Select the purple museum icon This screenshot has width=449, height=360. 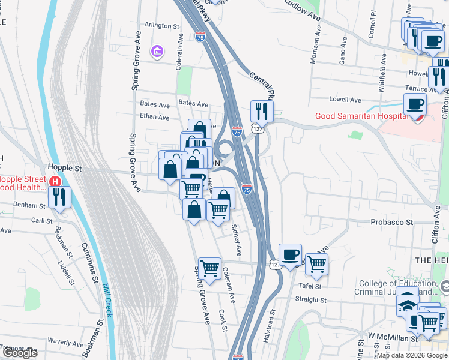click(x=157, y=52)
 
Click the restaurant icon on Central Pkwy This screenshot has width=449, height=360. click(x=262, y=110)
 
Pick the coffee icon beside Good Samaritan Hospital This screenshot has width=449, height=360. click(x=415, y=104)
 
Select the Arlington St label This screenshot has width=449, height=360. click(x=162, y=26)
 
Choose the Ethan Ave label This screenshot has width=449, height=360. click(x=155, y=117)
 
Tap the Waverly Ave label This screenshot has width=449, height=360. click(x=66, y=341)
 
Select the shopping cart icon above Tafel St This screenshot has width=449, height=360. click(x=316, y=263)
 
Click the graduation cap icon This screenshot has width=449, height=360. click(x=407, y=304)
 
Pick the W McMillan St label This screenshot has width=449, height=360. click(x=393, y=338)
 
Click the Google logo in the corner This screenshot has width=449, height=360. click(x=20, y=353)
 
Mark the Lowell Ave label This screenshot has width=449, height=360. click(x=345, y=100)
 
